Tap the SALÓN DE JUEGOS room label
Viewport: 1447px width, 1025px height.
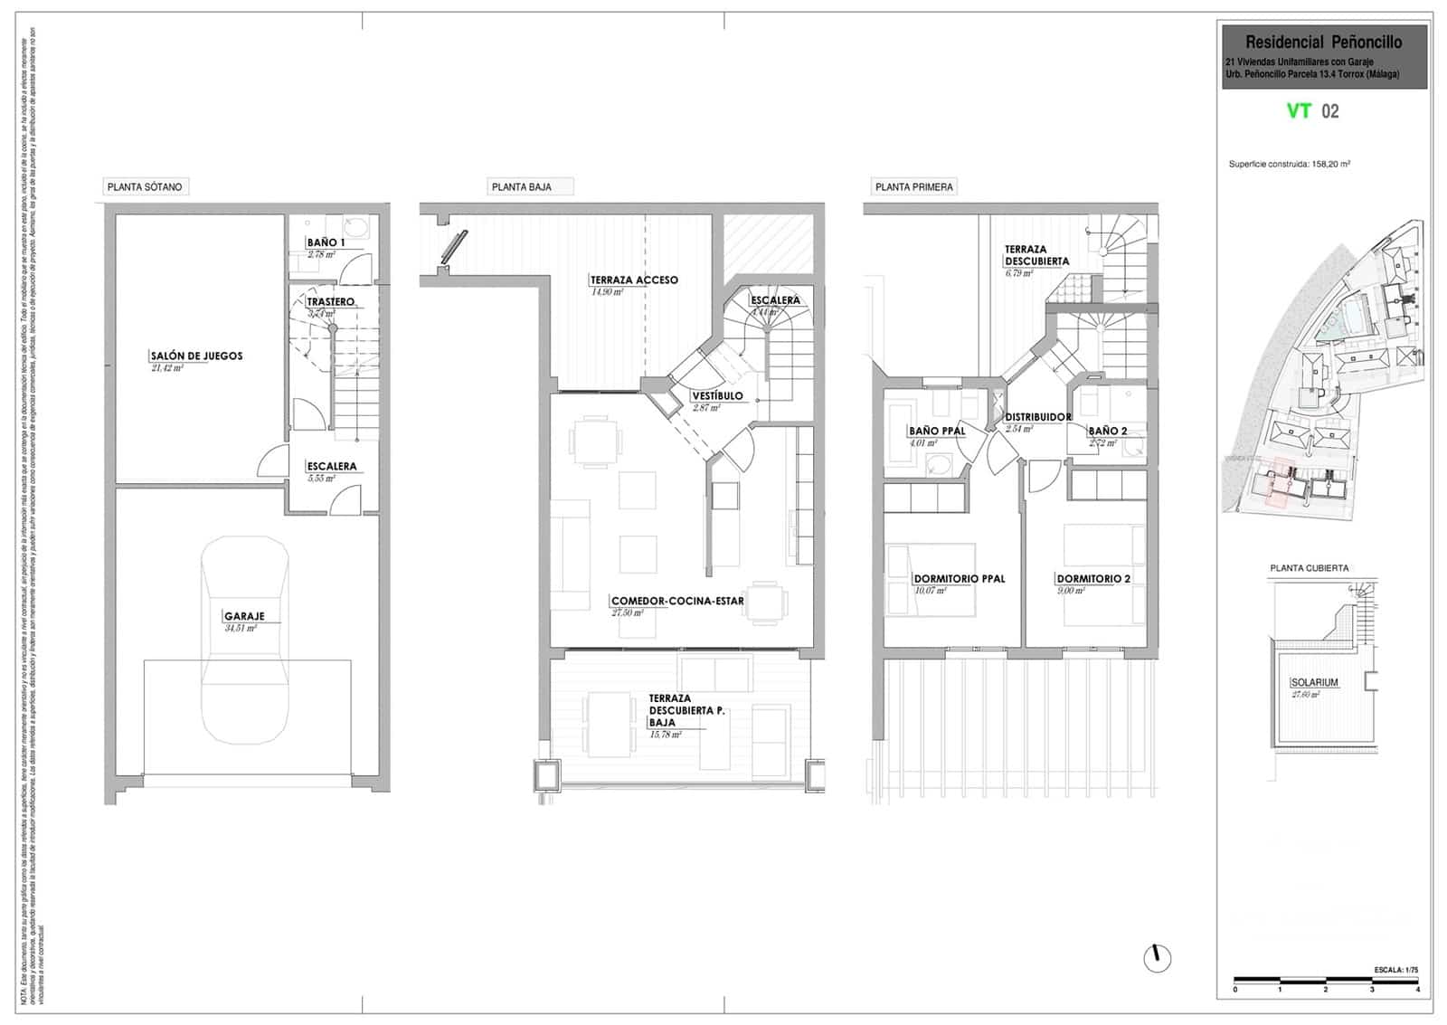click(196, 356)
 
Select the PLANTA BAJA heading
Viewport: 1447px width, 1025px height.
click(521, 187)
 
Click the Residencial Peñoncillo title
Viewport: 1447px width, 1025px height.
click(1323, 43)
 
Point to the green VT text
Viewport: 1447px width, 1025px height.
click(1299, 111)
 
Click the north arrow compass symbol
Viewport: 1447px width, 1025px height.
click(1157, 957)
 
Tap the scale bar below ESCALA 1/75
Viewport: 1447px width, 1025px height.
click(1326, 980)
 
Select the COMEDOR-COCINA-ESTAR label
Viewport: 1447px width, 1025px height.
click(677, 601)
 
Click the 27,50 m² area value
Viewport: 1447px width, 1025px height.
click(627, 613)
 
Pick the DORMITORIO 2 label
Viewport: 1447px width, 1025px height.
click(1092, 579)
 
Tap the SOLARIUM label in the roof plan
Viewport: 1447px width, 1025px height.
click(1314, 683)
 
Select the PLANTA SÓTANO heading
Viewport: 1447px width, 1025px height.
click(145, 187)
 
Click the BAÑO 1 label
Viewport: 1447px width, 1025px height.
click(326, 242)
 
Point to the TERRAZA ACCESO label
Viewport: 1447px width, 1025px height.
click(633, 280)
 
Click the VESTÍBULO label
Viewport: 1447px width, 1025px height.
click(717, 396)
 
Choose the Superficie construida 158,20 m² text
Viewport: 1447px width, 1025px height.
click(1289, 165)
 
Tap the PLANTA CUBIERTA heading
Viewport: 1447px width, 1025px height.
click(1309, 568)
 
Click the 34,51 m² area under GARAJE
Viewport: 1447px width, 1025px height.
click(240, 628)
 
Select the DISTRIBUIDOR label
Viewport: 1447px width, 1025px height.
click(1037, 417)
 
